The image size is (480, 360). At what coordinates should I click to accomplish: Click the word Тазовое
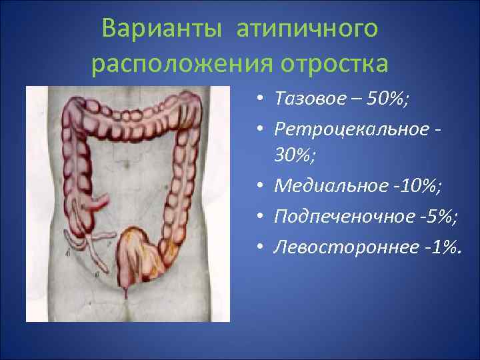[303, 99]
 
